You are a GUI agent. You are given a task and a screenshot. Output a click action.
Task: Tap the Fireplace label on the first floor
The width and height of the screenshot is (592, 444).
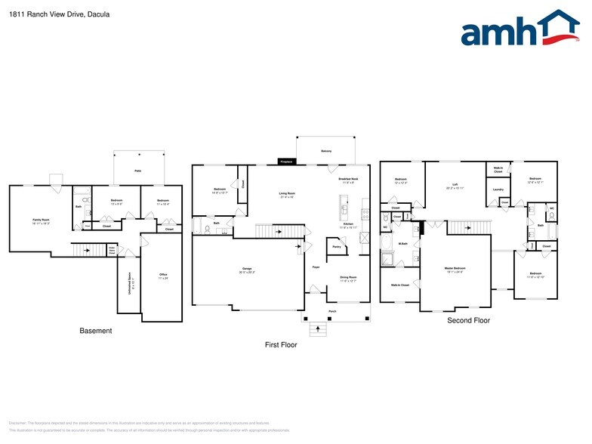pyautogui.click(x=286, y=162)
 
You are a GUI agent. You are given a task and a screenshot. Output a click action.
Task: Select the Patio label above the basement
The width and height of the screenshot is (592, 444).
pyautogui.click(x=138, y=172)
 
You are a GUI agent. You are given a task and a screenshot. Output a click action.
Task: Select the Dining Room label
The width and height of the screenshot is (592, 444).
pyautogui.click(x=347, y=277)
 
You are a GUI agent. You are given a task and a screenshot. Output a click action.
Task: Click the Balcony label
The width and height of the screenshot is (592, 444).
pyautogui.click(x=326, y=150)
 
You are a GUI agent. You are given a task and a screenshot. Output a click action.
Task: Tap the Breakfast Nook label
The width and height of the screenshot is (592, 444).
pyautogui.click(x=349, y=180)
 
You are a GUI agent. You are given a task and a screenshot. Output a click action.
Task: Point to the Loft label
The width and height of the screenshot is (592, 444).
pyautogui.click(x=455, y=183)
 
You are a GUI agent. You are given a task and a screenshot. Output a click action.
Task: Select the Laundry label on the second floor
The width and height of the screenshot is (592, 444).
pyautogui.click(x=498, y=189)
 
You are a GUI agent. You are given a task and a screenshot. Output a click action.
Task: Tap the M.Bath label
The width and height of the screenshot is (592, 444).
pyautogui.click(x=403, y=243)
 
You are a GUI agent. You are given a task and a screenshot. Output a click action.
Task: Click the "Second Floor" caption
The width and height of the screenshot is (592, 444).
pyautogui.click(x=468, y=321)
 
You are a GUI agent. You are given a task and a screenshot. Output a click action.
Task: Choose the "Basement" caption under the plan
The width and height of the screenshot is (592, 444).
pyautogui.click(x=96, y=331)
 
